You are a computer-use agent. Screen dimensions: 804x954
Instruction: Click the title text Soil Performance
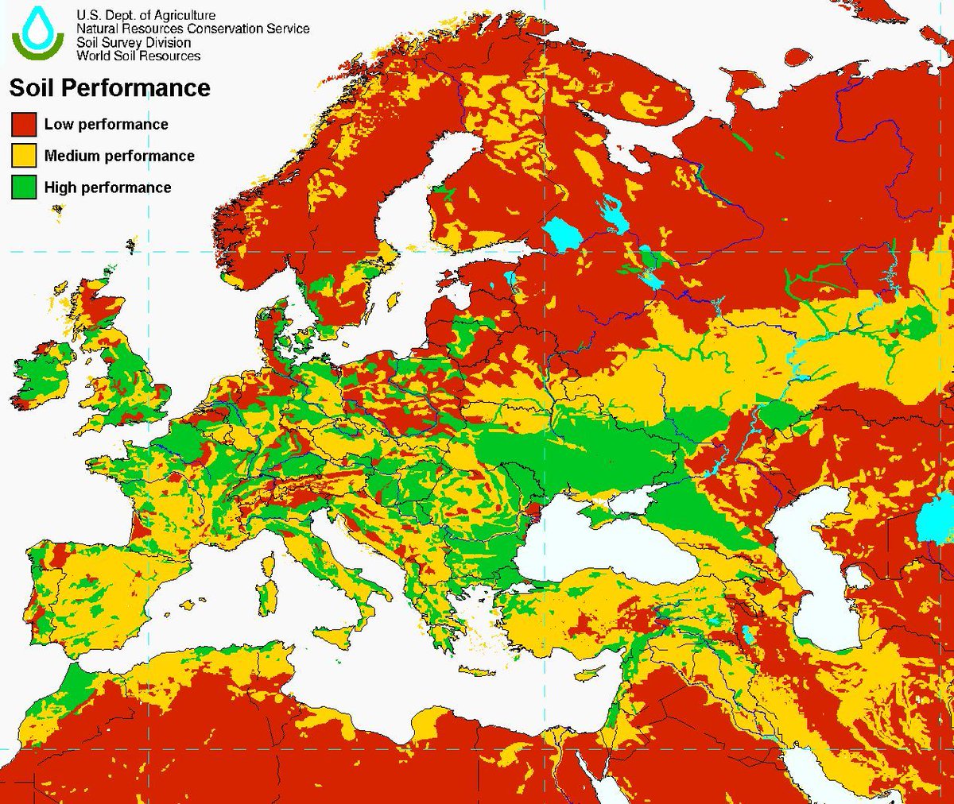click(110, 87)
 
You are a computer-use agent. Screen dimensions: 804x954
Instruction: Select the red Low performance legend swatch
click(24, 125)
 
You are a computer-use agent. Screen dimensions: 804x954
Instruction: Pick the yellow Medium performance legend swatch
click(24, 156)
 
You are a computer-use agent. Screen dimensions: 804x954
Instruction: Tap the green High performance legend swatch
click(24, 187)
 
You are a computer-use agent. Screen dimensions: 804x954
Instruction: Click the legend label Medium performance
click(119, 156)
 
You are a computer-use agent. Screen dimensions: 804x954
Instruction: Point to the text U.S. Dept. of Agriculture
click(145, 15)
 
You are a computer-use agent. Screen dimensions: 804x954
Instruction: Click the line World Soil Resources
click(138, 56)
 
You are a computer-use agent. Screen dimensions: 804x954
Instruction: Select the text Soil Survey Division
click(134, 42)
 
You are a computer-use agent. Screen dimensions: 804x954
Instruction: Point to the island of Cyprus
click(584, 674)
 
